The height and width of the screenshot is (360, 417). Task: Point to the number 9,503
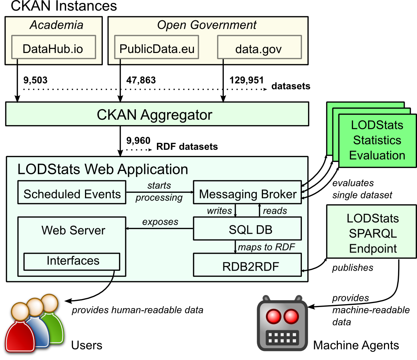click(x=35, y=80)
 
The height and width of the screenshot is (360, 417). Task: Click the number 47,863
click(x=141, y=80)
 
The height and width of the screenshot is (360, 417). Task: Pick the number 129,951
click(x=246, y=80)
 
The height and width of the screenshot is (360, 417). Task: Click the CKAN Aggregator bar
click(x=157, y=114)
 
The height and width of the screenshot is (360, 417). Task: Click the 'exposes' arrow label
click(x=160, y=221)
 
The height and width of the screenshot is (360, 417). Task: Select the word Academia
click(x=56, y=25)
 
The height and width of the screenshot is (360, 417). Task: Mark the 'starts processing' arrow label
click(x=159, y=191)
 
